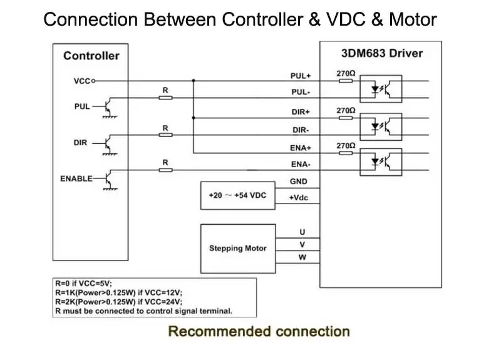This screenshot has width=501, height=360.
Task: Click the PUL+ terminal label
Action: [301, 76]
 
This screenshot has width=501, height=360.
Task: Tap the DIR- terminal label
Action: [301, 130]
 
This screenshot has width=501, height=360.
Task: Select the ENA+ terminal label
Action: [301, 148]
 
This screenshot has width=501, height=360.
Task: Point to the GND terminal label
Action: [299, 182]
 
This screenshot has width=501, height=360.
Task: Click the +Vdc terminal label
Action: [299, 198]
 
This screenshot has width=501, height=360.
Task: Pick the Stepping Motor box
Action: [238, 249]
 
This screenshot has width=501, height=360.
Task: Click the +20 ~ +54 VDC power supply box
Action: [238, 195]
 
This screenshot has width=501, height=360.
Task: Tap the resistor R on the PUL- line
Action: [165, 98]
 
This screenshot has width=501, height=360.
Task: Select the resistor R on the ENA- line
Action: [165, 170]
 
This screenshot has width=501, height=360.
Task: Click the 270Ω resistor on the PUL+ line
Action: [346, 81]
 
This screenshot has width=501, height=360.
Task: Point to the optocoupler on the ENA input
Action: [381, 162]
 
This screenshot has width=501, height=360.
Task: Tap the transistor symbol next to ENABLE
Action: [109, 180]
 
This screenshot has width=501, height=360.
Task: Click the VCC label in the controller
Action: [82, 81]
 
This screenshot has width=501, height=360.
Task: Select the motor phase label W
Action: [302, 257]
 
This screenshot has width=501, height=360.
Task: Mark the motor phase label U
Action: [302, 232]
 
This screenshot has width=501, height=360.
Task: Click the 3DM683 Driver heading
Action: [382, 53]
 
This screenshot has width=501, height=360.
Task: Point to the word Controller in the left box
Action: [91, 56]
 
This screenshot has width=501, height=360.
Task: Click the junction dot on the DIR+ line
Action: [194, 118]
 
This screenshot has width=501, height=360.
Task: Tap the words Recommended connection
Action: [259, 331]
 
